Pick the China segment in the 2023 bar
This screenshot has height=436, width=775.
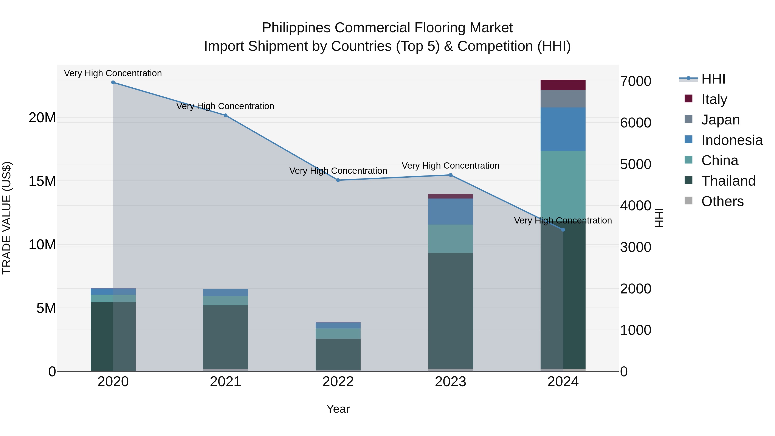coord(450,239)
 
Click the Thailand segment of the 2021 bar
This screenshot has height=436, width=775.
coord(225,337)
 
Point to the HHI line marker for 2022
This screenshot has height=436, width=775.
coord(338,180)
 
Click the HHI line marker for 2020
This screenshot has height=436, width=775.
coord(113,82)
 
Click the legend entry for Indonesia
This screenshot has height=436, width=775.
coord(732,140)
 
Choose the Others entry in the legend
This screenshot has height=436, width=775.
coord(722,201)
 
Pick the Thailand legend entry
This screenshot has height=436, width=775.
coord(728,181)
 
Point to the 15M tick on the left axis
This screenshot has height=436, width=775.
coord(42,181)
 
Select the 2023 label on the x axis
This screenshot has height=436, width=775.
coord(450,382)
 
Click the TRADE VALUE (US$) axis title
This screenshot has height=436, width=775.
coord(7,218)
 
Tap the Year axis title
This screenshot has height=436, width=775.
coord(338,409)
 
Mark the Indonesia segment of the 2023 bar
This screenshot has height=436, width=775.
coord(450,211)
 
